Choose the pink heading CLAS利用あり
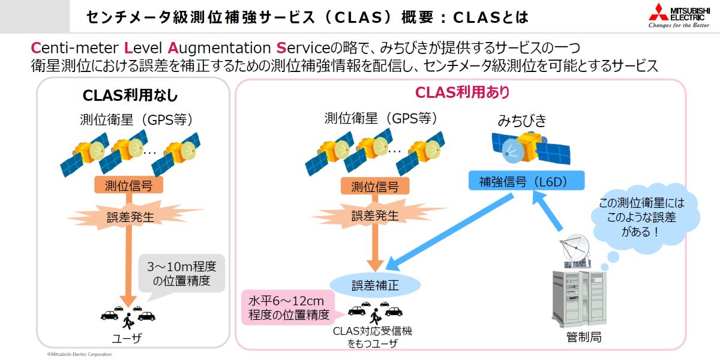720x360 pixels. (463, 92)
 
